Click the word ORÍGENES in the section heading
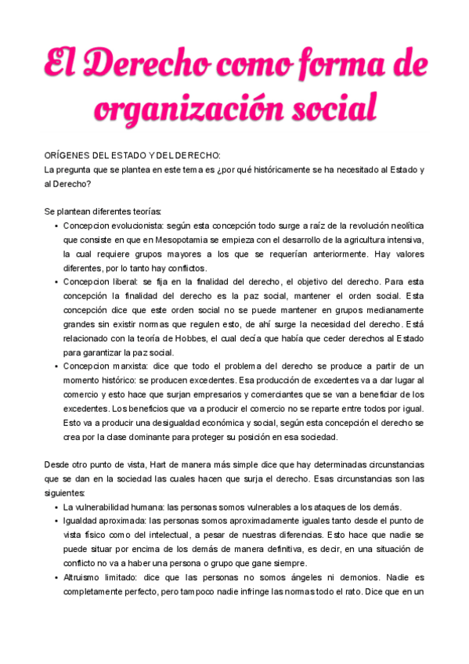click(x=70, y=156)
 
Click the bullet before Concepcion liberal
click(x=57, y=282)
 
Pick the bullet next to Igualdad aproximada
click(x=57, y=521)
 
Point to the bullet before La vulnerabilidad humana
click(x=57, y=507)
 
